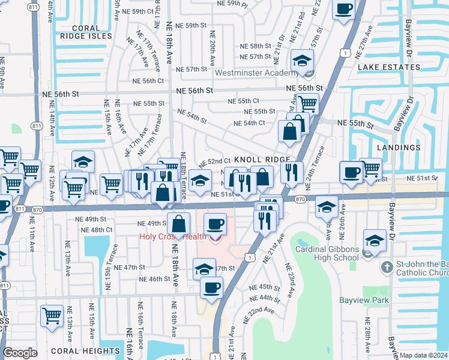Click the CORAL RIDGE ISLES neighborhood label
(x=92, y=32)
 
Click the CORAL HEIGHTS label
(x=81, y=350)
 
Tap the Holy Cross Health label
(x=172, y=236)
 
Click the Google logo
(x=20, y=353)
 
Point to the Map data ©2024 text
(x=424, y=355)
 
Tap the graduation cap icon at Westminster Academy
(x=302, y=60)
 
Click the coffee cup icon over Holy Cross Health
(x=215, y=224)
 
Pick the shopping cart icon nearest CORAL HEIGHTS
(x=52, y=314)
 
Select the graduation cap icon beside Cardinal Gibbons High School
(x=374, y=241)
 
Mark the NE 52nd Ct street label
(x=215, y=161)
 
